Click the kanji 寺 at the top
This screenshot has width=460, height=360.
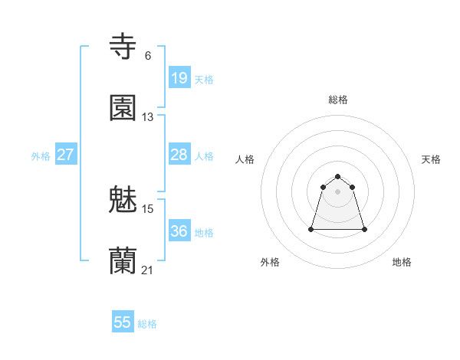(123, 47)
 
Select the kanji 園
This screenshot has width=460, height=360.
(123, 108)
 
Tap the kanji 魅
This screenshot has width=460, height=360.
(123, 200)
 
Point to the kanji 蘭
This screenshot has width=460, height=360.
(123, 261)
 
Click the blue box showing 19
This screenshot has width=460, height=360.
(179, 78)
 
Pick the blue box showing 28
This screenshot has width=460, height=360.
(179, 155)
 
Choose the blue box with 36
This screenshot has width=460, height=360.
(179, 231)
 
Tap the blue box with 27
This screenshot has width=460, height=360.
(65, 155)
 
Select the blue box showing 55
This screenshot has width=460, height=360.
(123, 322)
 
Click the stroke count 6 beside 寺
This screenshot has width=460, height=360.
(148, 55)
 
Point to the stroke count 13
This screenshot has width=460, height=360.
(148, 117)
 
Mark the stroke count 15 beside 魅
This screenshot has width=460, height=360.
(148, 208)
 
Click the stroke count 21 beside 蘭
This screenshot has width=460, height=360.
(148, 270)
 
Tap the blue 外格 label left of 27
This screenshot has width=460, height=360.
(41, 156)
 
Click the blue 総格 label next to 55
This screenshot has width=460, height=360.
(147, 324)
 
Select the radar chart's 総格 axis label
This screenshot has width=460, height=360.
(338, 100)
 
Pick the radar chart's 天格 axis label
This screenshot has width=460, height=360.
(431, 159)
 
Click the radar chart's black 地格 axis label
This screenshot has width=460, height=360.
(402, 262)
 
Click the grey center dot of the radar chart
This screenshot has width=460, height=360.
(338, 191)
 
